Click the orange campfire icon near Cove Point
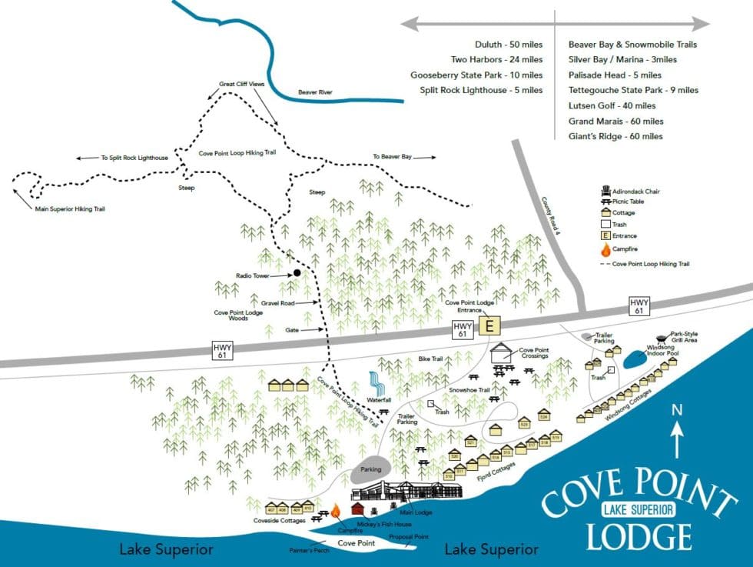coord(335,512)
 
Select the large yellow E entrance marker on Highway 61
coord(488,327)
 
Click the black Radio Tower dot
coord(297,273)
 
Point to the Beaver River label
coord(315,92)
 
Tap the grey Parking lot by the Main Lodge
coord(372,470)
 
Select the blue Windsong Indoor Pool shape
coord(635,359)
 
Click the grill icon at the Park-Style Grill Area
coord(661,339)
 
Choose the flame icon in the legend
coord(605,250)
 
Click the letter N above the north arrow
coord(677,411)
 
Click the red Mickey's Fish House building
coord(358,509)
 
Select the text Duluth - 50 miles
coord(509,45)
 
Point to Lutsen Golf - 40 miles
coord(612,105)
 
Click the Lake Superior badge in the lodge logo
coord(638,509)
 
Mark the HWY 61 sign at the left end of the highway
coord(223,350)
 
